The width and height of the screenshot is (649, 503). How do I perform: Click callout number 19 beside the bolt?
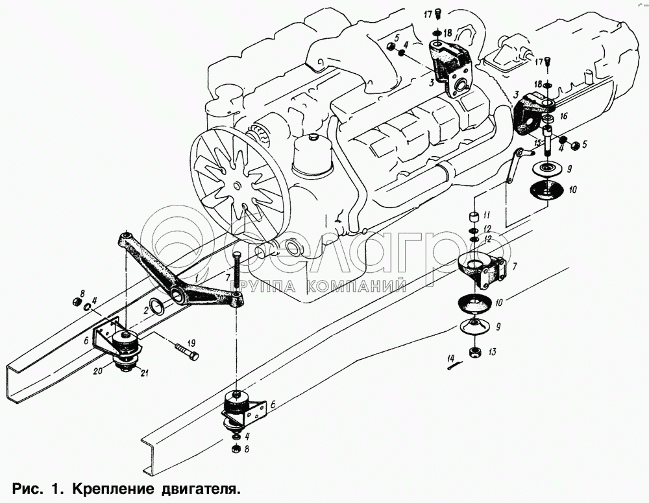coord(191,343)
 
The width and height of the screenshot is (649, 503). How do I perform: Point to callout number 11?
coord(487,215)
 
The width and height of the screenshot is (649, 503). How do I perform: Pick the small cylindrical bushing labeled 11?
coord(473,217)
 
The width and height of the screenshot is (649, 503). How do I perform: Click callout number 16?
coord(563,117)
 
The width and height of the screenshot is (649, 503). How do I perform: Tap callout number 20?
coord(98,371)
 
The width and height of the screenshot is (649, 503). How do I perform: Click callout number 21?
coord(144,373)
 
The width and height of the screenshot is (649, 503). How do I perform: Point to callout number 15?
coord(537,143)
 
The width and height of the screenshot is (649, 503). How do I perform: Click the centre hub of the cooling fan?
coord(236,185)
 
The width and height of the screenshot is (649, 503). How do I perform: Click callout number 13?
coord(492,352)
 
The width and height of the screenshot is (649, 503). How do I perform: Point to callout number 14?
coord(451,357)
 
